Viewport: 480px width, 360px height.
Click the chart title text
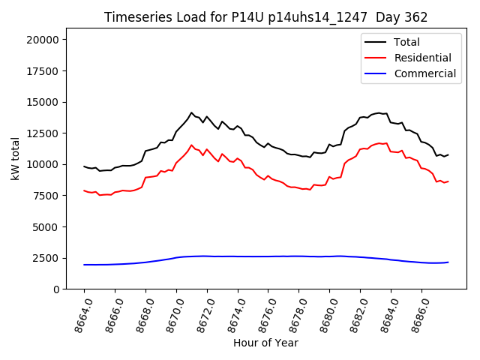click(x=265, y=17)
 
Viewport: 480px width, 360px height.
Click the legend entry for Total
click(x=406, y=42)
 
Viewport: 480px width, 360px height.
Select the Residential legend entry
click(x=422, y=58)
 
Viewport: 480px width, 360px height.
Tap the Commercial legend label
click(x=424, y=73)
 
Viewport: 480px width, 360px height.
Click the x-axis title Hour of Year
click(x=265, y=343)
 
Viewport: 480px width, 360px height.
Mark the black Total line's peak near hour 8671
click(x=191, y=112)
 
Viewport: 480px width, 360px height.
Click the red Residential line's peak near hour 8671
click(x=191, y=145)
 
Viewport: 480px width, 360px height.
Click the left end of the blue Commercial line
click(x=84, y=265)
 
